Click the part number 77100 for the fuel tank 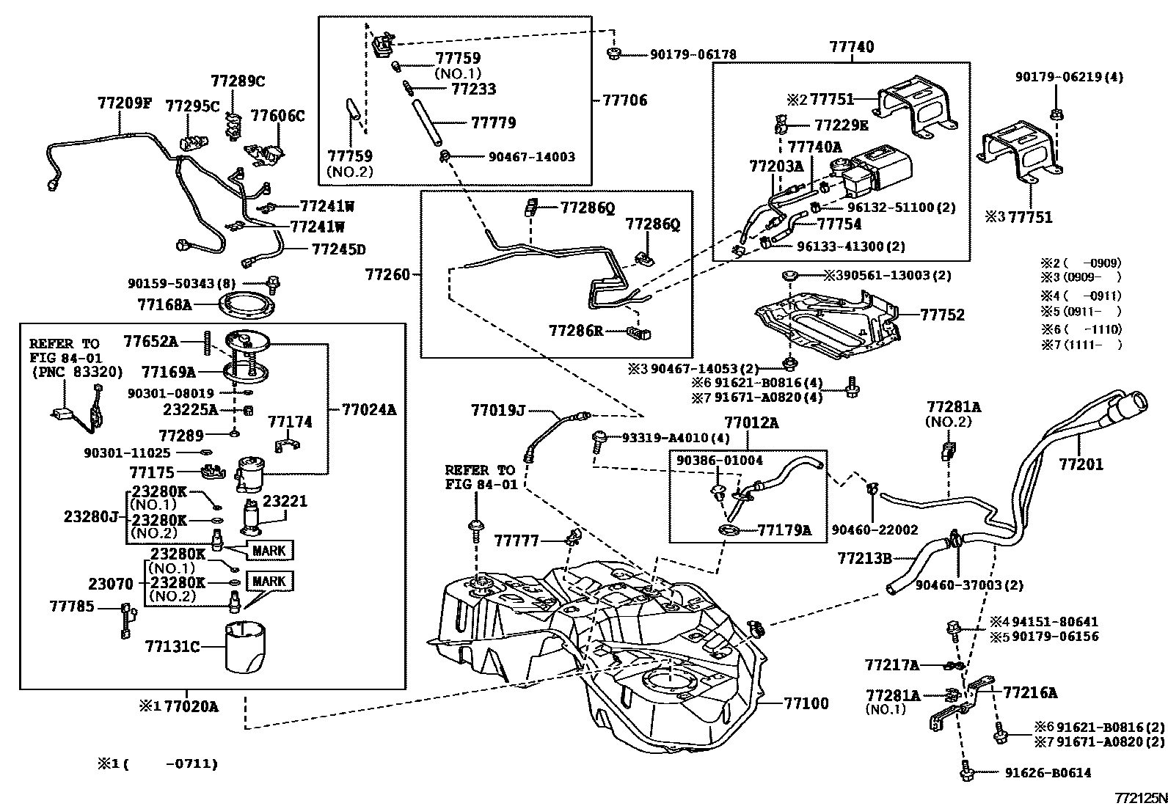pos(806,703)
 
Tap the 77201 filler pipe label pos(1080,464)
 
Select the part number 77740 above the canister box pos(852,47)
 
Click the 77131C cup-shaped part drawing pos(247,645)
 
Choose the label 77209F pos(124,103)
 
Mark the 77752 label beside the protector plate pos(942,315)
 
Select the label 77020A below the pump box pos(191,706)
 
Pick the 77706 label pos(624,100)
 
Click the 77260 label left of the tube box pos(388,275)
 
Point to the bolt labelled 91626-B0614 pos(966,772)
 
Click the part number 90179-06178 pos(693,54)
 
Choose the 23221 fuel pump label pos(285,502)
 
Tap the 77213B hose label pos(864,559)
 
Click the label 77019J pos(498,411)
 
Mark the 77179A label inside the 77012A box pos(784,530)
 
